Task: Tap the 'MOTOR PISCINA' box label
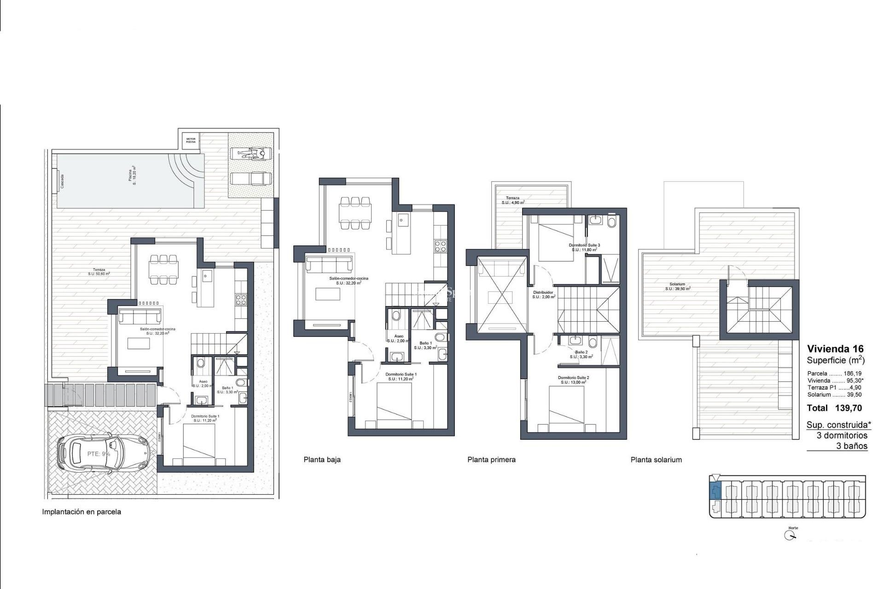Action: point(191,140)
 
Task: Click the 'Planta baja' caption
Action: point(322,459)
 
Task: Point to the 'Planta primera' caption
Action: point(491,459)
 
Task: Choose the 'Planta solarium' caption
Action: point(656,459)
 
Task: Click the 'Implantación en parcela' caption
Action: point(81,512)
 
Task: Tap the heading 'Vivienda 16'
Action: point(835,349)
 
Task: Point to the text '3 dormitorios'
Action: point(842,435)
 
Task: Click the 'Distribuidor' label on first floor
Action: point(543,293)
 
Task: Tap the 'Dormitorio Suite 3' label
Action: point(584,245)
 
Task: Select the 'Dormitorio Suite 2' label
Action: point(573,377)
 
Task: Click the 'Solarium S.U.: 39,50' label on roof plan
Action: point(677,287)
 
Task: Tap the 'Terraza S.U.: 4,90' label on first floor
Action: point(512,200)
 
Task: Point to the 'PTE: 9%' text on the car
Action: point(99,454)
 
